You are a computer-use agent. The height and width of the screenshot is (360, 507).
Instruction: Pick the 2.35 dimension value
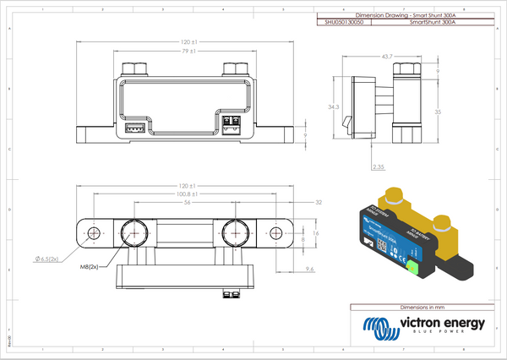pyautogui.click(x=381, y=167)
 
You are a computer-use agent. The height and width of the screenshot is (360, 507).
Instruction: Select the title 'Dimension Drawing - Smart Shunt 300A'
pyautogui.click(x=395, y=16)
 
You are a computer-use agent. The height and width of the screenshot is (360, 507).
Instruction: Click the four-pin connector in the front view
pyautogui.click(x=134, y=128)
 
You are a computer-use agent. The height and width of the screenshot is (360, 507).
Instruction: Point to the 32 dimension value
pyautogui.click(x=318, y=204)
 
